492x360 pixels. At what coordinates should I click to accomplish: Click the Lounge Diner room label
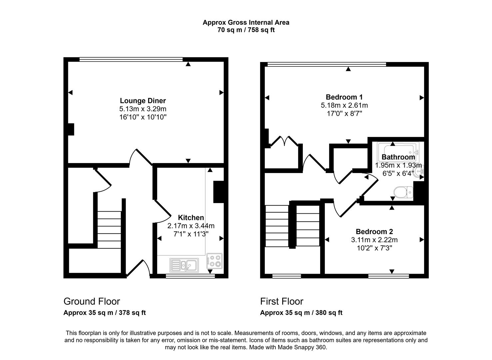point(143,101)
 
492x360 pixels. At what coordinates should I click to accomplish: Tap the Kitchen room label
point(191,218)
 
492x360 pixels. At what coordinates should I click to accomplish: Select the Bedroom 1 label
point(344,97)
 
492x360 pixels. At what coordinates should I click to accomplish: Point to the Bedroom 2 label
point(374,232)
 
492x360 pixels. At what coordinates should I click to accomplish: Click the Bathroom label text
point(398,157)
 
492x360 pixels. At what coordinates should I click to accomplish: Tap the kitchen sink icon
point(184,265)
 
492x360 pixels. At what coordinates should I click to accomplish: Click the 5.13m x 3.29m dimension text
point(143,109)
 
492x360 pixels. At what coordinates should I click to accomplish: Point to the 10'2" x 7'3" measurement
point(374,248)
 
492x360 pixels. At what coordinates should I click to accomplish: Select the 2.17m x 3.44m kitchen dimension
point(191,226)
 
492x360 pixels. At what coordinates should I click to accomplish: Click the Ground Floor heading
point(92,301)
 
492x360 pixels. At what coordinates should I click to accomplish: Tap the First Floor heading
point(281,301)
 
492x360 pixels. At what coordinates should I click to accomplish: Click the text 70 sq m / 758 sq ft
point(246,30)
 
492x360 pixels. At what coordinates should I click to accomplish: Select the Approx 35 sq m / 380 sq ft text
point(301,313)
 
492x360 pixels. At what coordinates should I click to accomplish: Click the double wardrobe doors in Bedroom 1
point(284,141)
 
